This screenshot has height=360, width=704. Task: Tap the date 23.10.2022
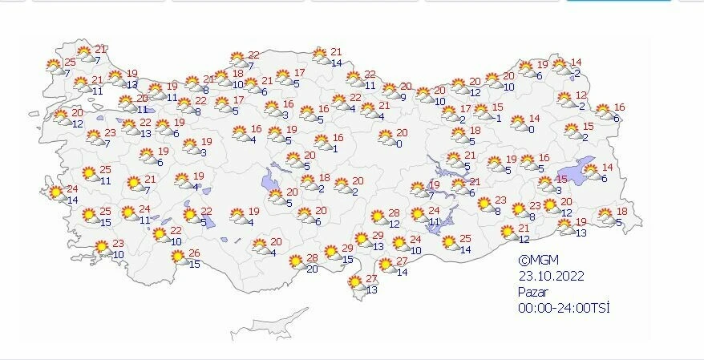click(x=551, y=276)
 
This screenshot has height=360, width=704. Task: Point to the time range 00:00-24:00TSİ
click(x=558, y=308)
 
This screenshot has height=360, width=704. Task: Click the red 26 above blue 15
click(x=194, y=253)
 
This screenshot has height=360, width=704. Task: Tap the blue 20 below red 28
click(x=311, y=269)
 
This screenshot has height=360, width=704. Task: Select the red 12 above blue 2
click(x=582, y=95)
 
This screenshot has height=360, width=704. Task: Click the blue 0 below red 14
click(x=532, y=129)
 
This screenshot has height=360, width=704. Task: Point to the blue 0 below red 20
click(x=399, y=144)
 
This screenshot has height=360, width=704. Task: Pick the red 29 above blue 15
click(x=347, y=249)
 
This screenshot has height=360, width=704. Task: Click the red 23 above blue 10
click(x=118, y=244)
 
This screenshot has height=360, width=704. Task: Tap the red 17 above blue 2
click(x=465, y=109)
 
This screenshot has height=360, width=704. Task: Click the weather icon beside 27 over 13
click(x=354, y=282)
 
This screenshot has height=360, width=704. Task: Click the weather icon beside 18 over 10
click(x=222, y=78)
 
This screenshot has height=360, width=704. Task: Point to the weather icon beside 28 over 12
click(x=378, y=217)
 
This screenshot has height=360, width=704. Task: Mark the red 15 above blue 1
click(x=497, y=107)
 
